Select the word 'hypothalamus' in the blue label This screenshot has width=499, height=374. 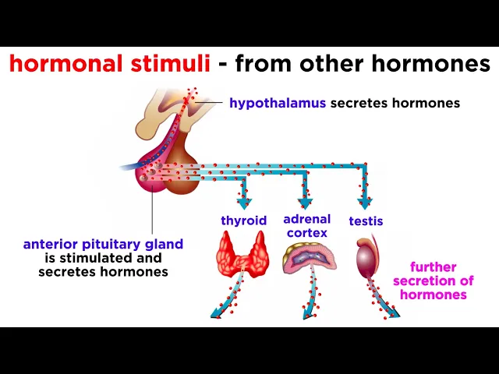(278, 103)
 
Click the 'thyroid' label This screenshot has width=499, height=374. (243, 221)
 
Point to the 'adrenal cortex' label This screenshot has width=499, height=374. (307, 226)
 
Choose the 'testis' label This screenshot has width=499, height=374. (366, 221)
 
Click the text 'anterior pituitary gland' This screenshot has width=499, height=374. (103, 244)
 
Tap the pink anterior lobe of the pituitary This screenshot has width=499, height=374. (152, 176)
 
